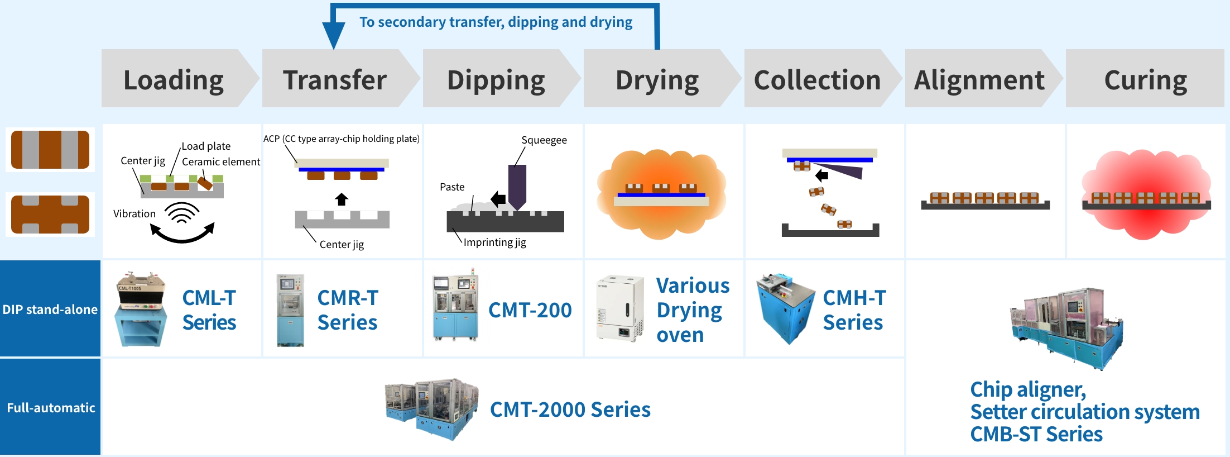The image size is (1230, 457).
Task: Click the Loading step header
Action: (174, 79)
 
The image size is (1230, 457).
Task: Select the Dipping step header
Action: (496, 79)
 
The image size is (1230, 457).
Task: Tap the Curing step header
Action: (1145, 79)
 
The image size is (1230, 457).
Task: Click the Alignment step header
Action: (979, 79)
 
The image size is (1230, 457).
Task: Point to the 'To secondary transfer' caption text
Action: (496, 22)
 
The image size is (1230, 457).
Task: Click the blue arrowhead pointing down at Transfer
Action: (334, 36)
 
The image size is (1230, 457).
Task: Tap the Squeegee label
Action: (544, 140)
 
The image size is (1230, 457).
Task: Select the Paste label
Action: (452, 187)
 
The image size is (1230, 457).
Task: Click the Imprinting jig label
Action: (494, 242)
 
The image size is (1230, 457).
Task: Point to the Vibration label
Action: (134, 213)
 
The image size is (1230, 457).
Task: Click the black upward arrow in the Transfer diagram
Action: (342, 199)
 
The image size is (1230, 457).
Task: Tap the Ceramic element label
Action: (221, 161)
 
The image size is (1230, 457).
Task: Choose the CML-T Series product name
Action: (209, 310)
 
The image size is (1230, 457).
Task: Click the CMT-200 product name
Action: (530, 310)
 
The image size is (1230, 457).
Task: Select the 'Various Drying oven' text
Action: (693, 310)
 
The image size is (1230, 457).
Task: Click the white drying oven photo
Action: (619, 308)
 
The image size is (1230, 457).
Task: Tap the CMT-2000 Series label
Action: (570, 410)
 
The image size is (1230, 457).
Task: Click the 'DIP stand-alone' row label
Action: (50, 309)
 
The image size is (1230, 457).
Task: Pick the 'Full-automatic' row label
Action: (51, 408)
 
